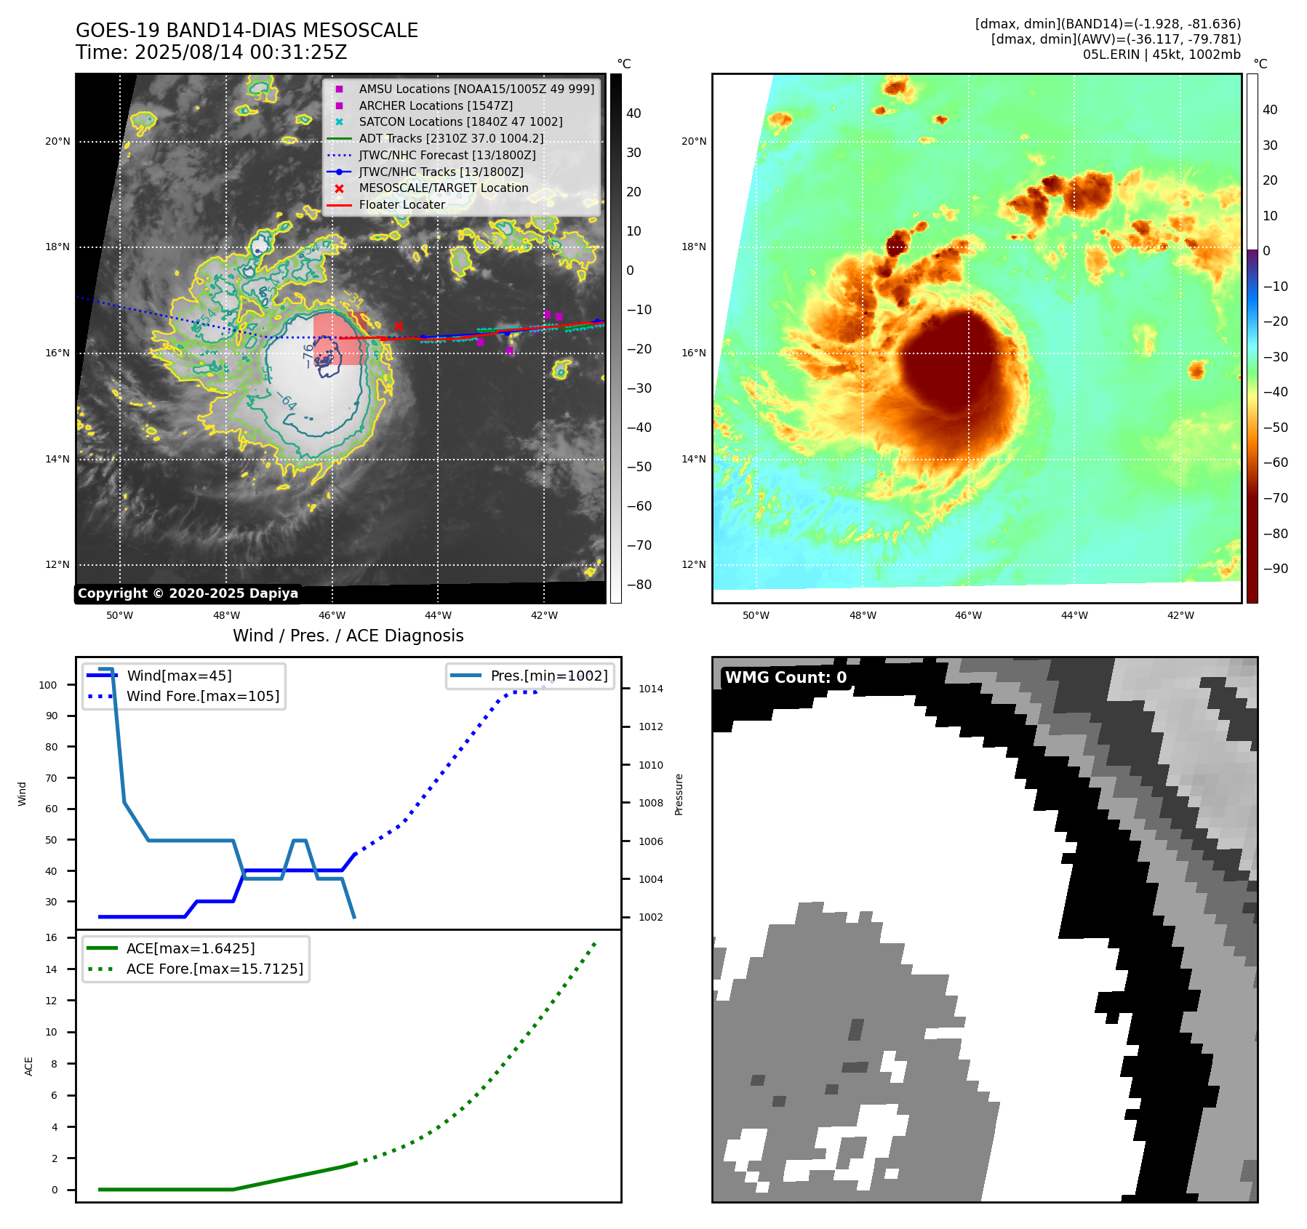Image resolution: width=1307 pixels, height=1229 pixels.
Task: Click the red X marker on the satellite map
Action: (x=399, y=326)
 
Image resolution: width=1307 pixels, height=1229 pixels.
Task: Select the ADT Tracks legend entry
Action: (x=451, y=139)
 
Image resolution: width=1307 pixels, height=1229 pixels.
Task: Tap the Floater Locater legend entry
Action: (x=401, y=205)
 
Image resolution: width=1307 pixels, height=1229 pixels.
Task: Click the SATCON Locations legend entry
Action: (x=460, y=122)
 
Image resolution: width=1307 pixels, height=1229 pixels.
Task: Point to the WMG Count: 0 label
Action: (x=786, y=678)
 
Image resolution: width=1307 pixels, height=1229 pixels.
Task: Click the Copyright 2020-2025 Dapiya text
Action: (x=188, y=593)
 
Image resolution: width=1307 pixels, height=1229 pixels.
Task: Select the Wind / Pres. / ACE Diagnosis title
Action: (x=348, y=636)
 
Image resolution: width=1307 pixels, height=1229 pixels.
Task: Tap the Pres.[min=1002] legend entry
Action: (x=548, y=676)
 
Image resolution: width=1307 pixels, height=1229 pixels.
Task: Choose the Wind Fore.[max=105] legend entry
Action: (x=202, y=696)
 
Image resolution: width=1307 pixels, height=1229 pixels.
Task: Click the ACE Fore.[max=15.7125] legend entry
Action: (x=215, y=969)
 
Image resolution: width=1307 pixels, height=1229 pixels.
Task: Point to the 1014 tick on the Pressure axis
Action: (x=650, y=689)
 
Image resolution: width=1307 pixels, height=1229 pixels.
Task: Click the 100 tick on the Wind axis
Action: (x=48, y=685)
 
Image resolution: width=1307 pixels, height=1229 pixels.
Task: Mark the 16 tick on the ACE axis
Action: (x=52, y=937)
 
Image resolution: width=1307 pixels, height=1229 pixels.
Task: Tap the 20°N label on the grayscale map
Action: (x=57, y=142)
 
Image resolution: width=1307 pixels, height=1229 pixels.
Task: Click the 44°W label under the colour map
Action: (x=1074, y=615)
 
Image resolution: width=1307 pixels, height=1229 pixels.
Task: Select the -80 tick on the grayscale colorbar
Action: (x=639, y=585)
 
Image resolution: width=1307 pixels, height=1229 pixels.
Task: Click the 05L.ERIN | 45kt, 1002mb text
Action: (x=1162, y=55)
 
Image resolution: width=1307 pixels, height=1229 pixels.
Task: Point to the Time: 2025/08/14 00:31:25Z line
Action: (x=211, y=53)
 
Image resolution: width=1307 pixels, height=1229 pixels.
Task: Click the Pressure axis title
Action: (x=679, y=794)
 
